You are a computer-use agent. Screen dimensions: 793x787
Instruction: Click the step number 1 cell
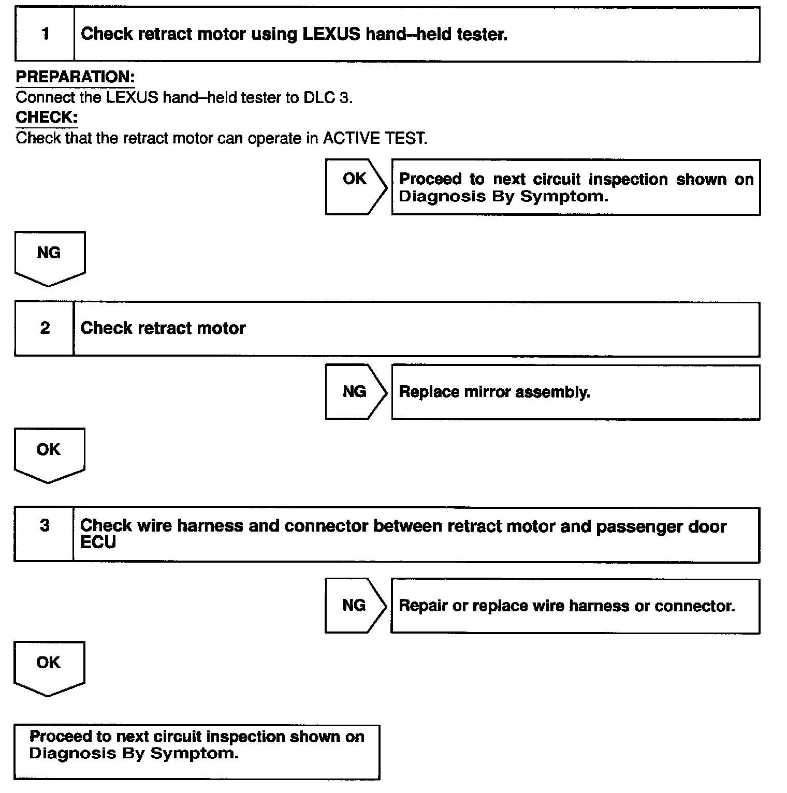pyautogui.click(x=45, y=34)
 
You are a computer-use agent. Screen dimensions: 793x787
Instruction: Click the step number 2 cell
pyautogui.click(x=45, y=328)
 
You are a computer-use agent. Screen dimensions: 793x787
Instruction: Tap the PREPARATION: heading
pyautogui.click(x=75, y=77)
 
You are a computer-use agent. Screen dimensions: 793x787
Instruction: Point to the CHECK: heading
pyautogui.click(x=47, y=118)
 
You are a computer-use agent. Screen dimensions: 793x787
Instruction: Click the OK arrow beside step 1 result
pyautogui.click(x=355, y=186)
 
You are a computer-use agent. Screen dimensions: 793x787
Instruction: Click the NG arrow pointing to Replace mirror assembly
pyautogui.click(x=355, y=392)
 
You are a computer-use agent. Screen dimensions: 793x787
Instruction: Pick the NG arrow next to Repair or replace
pyautogui.click(x=355, y=605)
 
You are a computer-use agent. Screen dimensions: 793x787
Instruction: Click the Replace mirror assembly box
pyautogui.click(x=575, y=392)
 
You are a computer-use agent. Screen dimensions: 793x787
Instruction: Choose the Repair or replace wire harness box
pyautogui.click(x=575, y=606)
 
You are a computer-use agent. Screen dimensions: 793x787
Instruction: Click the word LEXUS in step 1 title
pyautogui.click(x=331, y=34)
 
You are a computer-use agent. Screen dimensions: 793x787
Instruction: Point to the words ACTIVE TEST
pyautogui.click(x=375, y=139)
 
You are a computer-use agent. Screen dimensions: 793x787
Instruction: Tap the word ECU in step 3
pyautogui.click(x=98, y=542)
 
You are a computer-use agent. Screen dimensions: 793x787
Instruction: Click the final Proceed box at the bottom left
pyautogui.click(x=197, y=752)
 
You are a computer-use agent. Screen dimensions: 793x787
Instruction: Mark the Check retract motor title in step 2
pyautogui.click(x=163, y=328)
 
